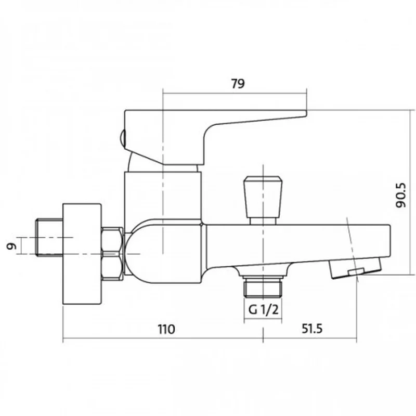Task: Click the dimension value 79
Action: [x=238, y=84]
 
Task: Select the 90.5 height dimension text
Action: [x=400, y=195]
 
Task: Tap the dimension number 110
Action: [x=166, y=329]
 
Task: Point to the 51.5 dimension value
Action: [x=312, y=329]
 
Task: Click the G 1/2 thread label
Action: [x=263, y=309]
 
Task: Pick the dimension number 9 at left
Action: [x=11, y=246]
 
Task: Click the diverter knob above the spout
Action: [x=263, y=197]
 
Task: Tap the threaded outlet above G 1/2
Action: [x=263, y=287]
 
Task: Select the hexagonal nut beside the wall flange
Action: [x=112, y=254]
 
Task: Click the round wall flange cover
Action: [x=82, y=254]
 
